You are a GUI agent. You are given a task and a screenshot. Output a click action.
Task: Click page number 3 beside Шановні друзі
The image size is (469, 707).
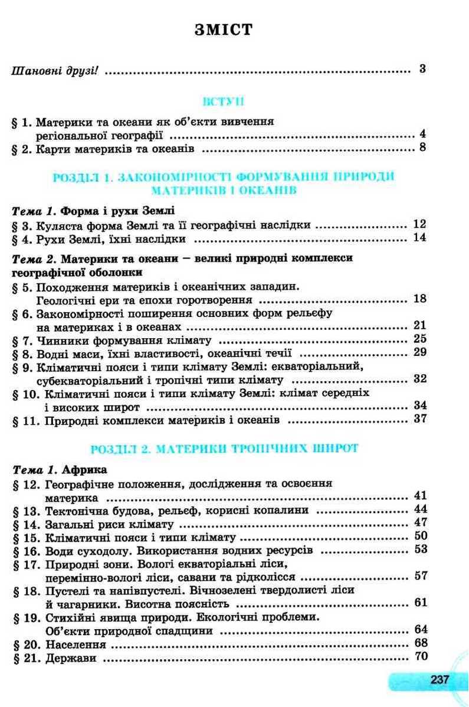[x=422, y=68]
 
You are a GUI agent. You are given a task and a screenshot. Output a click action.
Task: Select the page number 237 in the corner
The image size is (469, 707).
[x=440, y=679]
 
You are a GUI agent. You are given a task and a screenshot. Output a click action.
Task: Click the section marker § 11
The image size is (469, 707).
[x=24, y=421]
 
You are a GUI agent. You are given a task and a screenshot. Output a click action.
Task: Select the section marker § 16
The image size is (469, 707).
[x=24, y=551]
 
